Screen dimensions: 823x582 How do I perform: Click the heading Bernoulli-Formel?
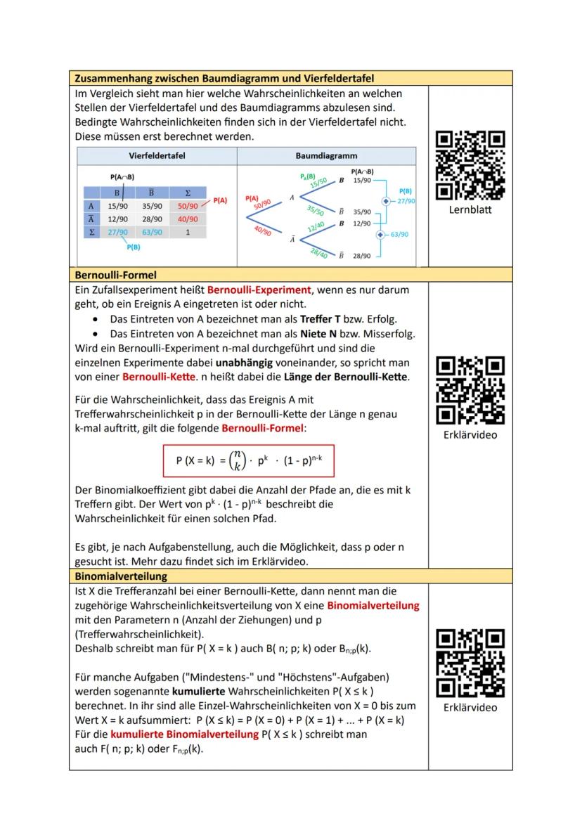pyautogui.click(x=115, y=275)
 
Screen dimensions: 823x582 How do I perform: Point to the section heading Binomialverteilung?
pyautogui.click(x=121, y=576)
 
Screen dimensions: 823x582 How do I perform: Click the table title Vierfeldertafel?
pyautogui.click(x=157, y=155)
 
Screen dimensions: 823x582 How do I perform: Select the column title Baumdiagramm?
pyautogui.click(x=327, y=155)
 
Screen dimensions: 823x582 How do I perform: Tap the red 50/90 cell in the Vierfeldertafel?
pyautogui.click(x=188, y=207)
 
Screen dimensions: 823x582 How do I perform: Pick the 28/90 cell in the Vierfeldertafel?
pyautogui.click(x=152, y=219)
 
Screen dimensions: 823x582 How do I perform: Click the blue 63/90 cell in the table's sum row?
pyautogui.click(x=152, y=232)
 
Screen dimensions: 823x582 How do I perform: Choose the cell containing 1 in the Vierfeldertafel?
pyautogui.click(x=188, y=232)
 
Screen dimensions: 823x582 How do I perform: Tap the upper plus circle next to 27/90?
pyautogui.click(x=384, y=201)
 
